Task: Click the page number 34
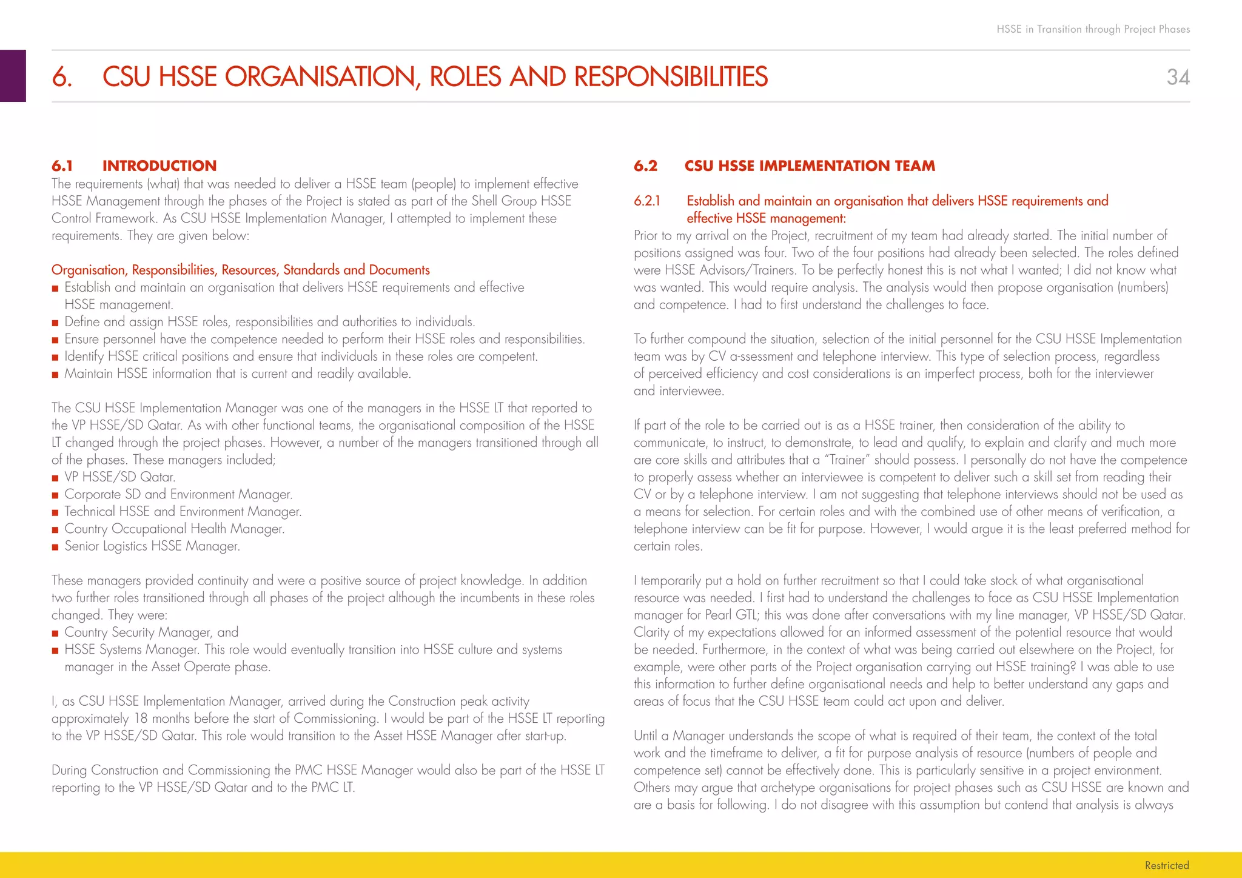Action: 1178,77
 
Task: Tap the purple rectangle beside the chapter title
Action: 13,76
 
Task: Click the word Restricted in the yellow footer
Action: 1166,865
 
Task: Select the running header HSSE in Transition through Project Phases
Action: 1093,29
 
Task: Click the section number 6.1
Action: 62,166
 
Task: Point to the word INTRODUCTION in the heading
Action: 159,166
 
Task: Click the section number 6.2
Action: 645,166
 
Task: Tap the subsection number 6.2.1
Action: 646,201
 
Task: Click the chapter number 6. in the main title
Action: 62,77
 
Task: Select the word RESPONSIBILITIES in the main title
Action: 671,77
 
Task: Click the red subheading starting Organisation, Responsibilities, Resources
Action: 240,270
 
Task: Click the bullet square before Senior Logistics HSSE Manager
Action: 55,547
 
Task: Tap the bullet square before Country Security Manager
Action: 55,633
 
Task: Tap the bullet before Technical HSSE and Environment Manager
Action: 55,512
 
